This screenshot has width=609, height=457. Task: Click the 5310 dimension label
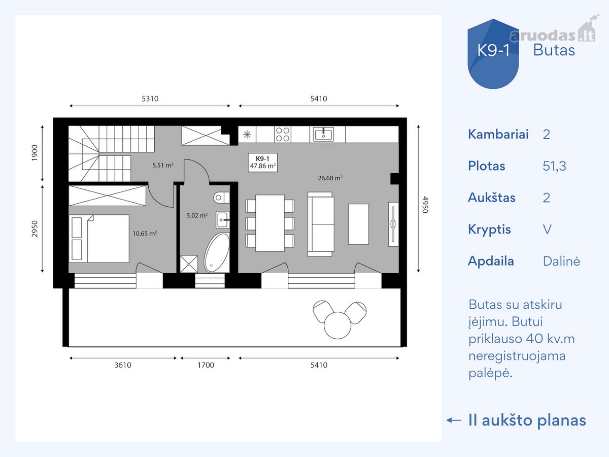pos(150,99)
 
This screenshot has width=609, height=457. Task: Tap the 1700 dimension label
pos(206,365)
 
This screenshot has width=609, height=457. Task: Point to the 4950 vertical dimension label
pos(425,205)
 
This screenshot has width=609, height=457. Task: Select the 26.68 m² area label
pos(330,178)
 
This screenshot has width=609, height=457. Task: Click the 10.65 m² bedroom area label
pos(145,234)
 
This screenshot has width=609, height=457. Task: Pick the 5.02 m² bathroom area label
pos(197,215)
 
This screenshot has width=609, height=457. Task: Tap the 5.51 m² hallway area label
pos(163,165)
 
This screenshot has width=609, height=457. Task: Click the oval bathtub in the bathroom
pos(217,253)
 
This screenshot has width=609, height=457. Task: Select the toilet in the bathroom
pos(221,198)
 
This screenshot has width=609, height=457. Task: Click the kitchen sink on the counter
pos(323,134)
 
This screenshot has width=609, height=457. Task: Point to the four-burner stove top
pos(283,134)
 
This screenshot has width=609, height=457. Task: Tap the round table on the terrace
pos(337,325)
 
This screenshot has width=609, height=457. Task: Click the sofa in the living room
pos(321,224)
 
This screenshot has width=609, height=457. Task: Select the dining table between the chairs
pos(270,223)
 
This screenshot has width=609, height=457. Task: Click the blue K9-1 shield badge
pos(493,54)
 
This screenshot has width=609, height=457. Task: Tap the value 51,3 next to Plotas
pos(554,166)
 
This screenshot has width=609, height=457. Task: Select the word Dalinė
pos(561,261)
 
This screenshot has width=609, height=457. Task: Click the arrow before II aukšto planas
pos(454,420)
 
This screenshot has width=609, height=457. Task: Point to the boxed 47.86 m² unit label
pos(263,162)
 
